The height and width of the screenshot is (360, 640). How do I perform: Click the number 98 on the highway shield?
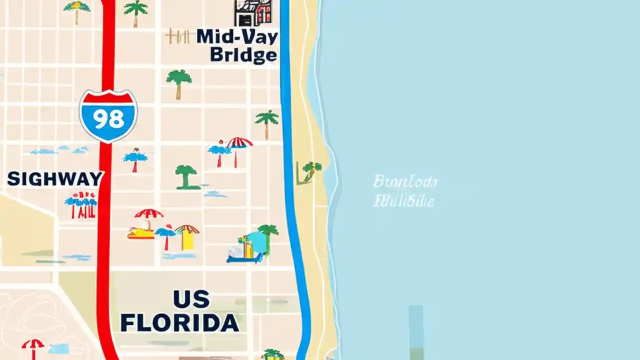(x=108, y=119)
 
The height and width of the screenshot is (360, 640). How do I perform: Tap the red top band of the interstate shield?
(x=108, y=97)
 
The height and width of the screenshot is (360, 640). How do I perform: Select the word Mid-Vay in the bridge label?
(x=237, y=37)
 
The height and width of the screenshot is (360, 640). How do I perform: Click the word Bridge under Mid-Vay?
(x=243, y=54)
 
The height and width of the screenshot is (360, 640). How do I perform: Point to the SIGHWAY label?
(x=55, y=178)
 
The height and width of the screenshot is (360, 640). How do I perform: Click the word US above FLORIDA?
(x=191, y=299)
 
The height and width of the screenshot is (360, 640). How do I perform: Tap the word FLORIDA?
(x=179, y=323)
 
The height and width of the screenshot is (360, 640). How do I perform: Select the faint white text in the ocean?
(x=404, y=191)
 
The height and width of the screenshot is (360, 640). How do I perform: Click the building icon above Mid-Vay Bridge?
(x=253, y=12)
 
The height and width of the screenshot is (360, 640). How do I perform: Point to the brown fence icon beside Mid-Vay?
(x=177, y=36)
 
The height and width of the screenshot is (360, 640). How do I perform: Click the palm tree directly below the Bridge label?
(x=178, y=82)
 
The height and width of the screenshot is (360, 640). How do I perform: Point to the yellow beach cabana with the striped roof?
(x=187, y=237)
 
